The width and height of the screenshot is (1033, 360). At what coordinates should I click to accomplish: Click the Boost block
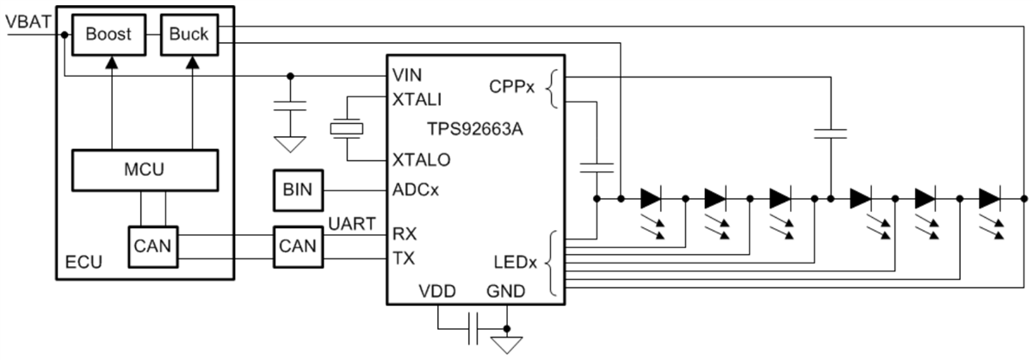point(109,35)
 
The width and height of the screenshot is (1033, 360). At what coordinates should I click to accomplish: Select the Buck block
point(189,35)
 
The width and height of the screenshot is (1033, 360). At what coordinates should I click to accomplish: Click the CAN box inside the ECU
point(152,245)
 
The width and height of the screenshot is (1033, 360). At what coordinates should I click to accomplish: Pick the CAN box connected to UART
point(296,245)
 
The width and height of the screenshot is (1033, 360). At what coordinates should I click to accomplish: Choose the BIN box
point(296,188)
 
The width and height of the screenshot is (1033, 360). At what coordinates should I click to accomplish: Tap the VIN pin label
point(405,75)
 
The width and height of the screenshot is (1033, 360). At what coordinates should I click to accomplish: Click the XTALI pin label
point(417,99)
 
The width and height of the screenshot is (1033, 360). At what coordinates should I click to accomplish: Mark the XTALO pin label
point(420,160)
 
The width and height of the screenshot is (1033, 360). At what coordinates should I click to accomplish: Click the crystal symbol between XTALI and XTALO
point(347,129)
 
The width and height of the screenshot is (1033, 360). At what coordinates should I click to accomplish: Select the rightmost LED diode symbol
point(990,199)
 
